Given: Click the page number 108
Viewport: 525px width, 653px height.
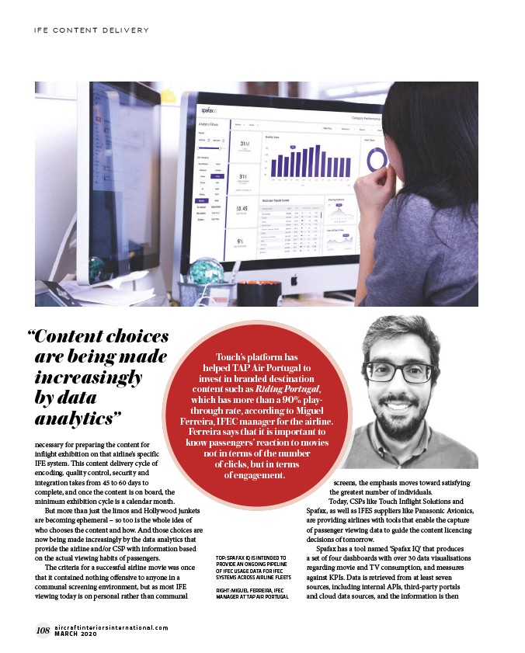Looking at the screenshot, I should pos(42,630).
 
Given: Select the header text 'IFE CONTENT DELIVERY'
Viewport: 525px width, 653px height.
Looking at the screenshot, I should pos(92,30).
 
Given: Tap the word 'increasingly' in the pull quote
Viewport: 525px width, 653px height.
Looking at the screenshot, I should pos(89,377).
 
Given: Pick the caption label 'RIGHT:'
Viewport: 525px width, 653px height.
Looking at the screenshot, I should pos(227,590).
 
